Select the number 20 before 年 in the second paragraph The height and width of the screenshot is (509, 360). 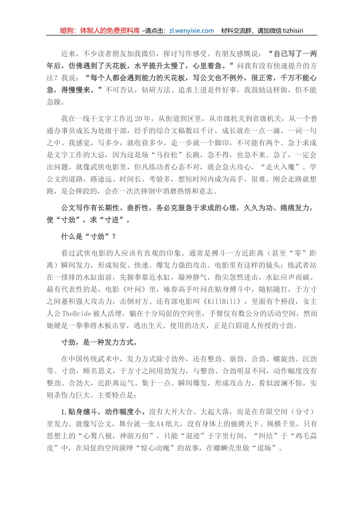pyautogui.click(x=137, y=119)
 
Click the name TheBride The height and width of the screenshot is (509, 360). pyautogui.click(x=77, y=314)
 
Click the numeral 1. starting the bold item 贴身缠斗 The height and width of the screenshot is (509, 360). pyautogui.click(x=64, y=412)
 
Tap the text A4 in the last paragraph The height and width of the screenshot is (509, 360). pyautogui.click(x=160, y=424)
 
